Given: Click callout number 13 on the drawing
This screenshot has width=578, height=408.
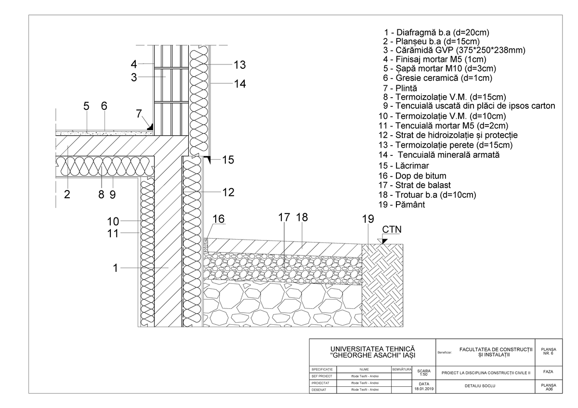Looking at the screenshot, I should (239, 64).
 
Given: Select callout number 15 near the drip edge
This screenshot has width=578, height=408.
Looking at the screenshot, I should (228, 160).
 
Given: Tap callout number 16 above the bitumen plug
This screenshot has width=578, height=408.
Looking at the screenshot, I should (218, 219).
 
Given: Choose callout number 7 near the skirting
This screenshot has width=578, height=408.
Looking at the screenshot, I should (139, 114).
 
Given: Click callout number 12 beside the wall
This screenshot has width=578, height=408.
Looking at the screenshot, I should (228, 192).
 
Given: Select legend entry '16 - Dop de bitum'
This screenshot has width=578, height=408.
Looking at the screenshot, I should (412, 176).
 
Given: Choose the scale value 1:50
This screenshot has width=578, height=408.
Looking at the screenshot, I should (424, 374).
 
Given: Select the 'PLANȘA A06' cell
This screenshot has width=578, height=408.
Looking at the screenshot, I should (548, 387).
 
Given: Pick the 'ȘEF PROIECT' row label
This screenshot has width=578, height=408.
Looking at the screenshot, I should (323, 376).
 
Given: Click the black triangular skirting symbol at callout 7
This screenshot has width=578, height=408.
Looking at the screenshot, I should (150, 127).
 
